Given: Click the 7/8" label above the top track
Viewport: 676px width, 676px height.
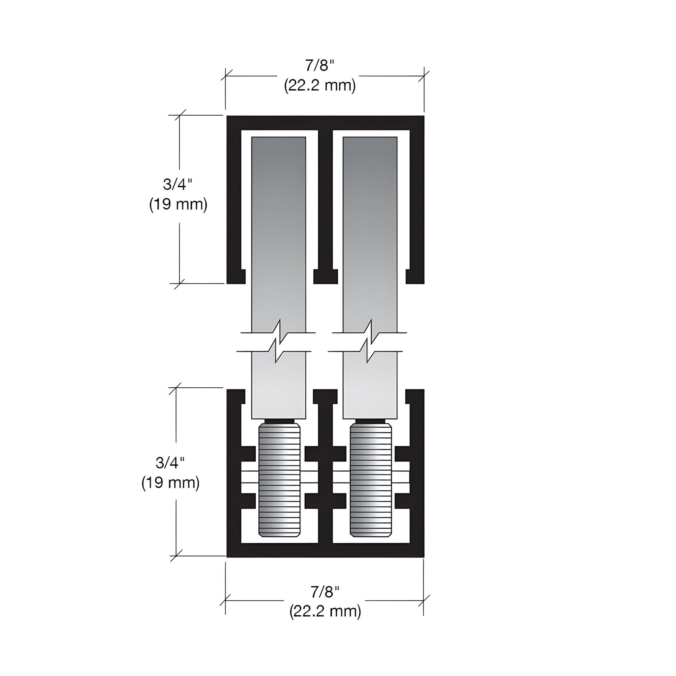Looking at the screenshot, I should (320, 65).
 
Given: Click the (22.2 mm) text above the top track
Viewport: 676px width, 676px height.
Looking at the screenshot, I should (320, 85).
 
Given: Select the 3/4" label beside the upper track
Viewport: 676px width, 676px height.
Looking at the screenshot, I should (178, 184).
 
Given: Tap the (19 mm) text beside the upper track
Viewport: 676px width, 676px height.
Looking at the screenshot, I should (178, 204).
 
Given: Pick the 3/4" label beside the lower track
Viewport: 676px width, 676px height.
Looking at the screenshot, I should (170, 463).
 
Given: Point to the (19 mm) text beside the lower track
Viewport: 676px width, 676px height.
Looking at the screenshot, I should (171, 483).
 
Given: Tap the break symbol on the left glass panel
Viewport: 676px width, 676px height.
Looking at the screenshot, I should (278, 341).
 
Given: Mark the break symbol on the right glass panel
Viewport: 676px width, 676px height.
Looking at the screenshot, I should (369, 341).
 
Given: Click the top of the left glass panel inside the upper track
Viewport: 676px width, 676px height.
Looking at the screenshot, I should (279, 147).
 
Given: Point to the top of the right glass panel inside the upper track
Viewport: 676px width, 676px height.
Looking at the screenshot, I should (370, 147).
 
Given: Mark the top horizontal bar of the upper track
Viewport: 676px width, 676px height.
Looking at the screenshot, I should (325, 123).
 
